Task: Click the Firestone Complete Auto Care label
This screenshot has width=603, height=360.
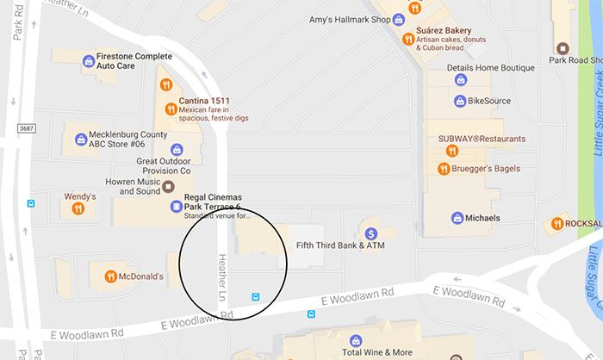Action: click(x=134, y=60)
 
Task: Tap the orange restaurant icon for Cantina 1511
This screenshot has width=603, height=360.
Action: click(x=165, y=84)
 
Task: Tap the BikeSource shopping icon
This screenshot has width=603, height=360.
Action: click(x=459, y=101)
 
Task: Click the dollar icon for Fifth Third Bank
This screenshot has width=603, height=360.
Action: click(x=371, y=233)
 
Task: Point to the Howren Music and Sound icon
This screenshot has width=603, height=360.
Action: click(x=170, y=186)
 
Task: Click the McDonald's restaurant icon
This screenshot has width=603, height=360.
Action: click(x=110, y=276)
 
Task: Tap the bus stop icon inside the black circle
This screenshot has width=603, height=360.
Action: click(x=255, y=297)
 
